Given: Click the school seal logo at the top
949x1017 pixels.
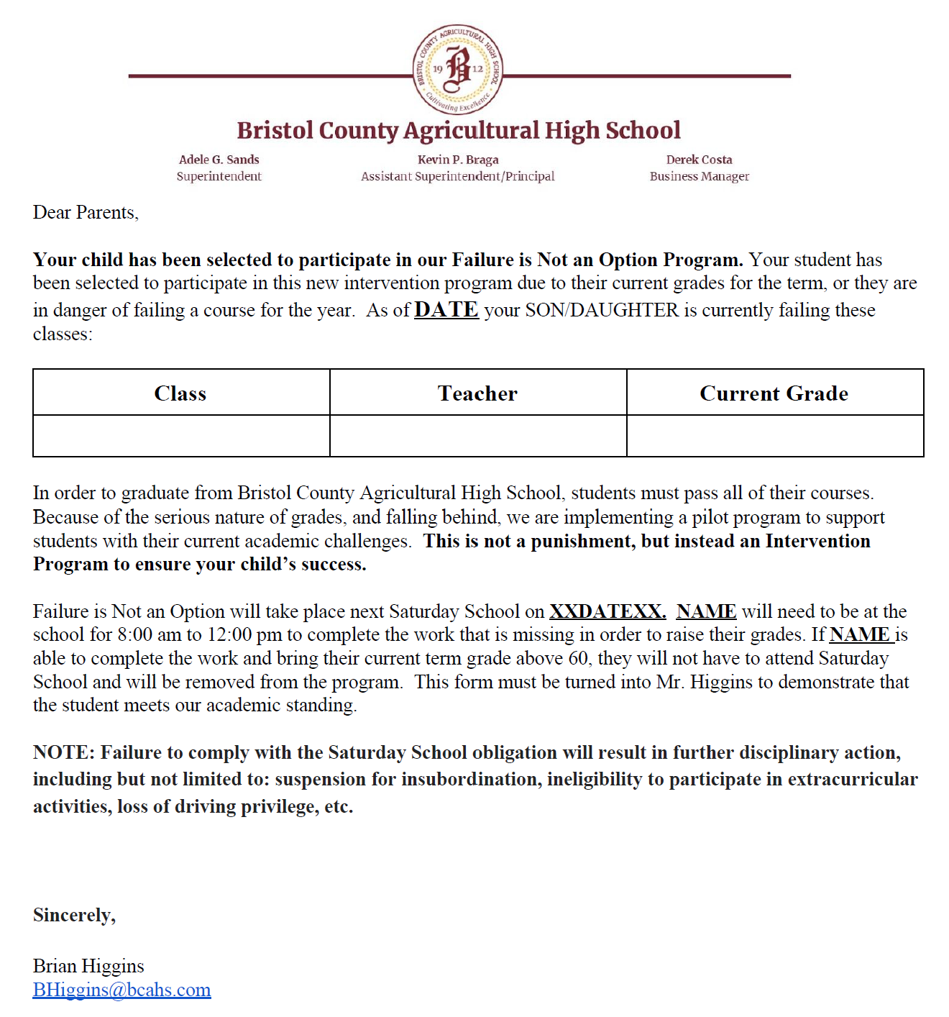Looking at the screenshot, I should tap(458, 69).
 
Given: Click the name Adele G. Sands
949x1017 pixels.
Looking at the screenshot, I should tap(219, 160).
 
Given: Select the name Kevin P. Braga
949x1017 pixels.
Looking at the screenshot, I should tap(458, 160).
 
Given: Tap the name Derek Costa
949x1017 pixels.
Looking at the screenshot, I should tap(699, 160).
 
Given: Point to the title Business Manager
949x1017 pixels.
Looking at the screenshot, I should tap(699, 176).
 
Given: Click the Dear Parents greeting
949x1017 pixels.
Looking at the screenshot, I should tap(86, 213).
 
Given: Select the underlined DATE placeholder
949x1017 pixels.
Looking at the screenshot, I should tap(446, 309).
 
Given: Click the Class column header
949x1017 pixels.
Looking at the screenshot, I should tap(180, 393).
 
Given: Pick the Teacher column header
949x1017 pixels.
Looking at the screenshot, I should tap(477, 393).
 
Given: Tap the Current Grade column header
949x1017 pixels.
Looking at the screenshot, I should tap(774, 393).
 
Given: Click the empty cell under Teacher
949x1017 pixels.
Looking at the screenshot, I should tap(478, 436).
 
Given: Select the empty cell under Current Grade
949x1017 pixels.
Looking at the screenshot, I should tap(775, 436).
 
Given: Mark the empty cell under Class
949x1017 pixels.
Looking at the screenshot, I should tap(181, 436).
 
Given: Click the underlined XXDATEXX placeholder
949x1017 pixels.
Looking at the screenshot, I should tap(608, 611).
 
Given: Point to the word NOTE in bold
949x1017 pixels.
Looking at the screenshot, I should tap(63, 752).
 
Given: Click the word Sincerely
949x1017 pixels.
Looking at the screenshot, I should tap(74, 915).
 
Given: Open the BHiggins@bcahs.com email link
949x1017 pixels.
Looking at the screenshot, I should tap(122, 990).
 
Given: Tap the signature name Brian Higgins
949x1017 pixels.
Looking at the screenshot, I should tap(88, 966).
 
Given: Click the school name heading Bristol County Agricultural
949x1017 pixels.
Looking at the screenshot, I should tap(458, 130).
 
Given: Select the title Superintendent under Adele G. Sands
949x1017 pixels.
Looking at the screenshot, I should tap(219, 176).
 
